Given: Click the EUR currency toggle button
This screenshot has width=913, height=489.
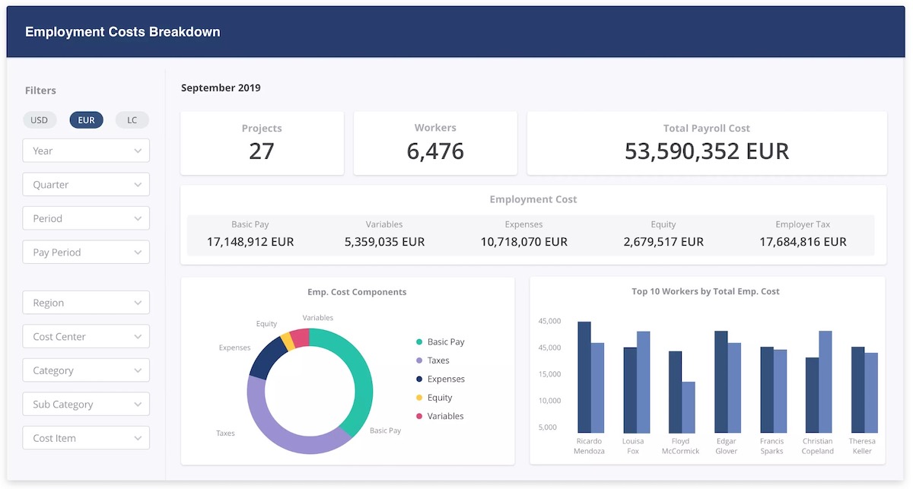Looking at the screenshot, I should point(86,120).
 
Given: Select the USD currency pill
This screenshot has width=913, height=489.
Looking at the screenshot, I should point(39,120).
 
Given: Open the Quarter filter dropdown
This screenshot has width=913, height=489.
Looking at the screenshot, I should point(86,185).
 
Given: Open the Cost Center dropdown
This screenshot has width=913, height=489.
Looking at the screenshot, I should point(86,337).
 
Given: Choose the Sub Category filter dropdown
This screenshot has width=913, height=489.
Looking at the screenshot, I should point(86,405).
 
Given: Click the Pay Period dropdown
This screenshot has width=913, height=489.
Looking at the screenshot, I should point(86,252).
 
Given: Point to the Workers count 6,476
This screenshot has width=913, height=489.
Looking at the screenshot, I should point(434,151).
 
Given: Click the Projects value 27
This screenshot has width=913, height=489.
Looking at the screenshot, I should point(261,151).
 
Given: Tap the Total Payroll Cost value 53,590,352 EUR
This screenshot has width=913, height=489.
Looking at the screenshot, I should point(706,151).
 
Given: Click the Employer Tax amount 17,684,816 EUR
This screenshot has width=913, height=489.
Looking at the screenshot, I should point(803,242).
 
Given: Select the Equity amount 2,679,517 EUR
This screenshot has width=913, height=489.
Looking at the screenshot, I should point(663,242).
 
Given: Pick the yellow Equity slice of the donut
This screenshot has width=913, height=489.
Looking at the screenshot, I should point(287,341).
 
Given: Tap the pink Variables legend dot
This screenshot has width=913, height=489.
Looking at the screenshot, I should point(419,416).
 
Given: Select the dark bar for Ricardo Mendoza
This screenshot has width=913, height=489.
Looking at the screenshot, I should point(584,376).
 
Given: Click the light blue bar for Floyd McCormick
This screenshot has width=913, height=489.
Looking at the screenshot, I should point(688,407).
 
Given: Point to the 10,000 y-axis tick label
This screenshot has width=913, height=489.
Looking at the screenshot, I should point(549,401).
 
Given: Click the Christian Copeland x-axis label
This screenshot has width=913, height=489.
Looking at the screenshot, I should point(817,446).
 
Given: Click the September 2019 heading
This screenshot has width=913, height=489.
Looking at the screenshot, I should point(221,88).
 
